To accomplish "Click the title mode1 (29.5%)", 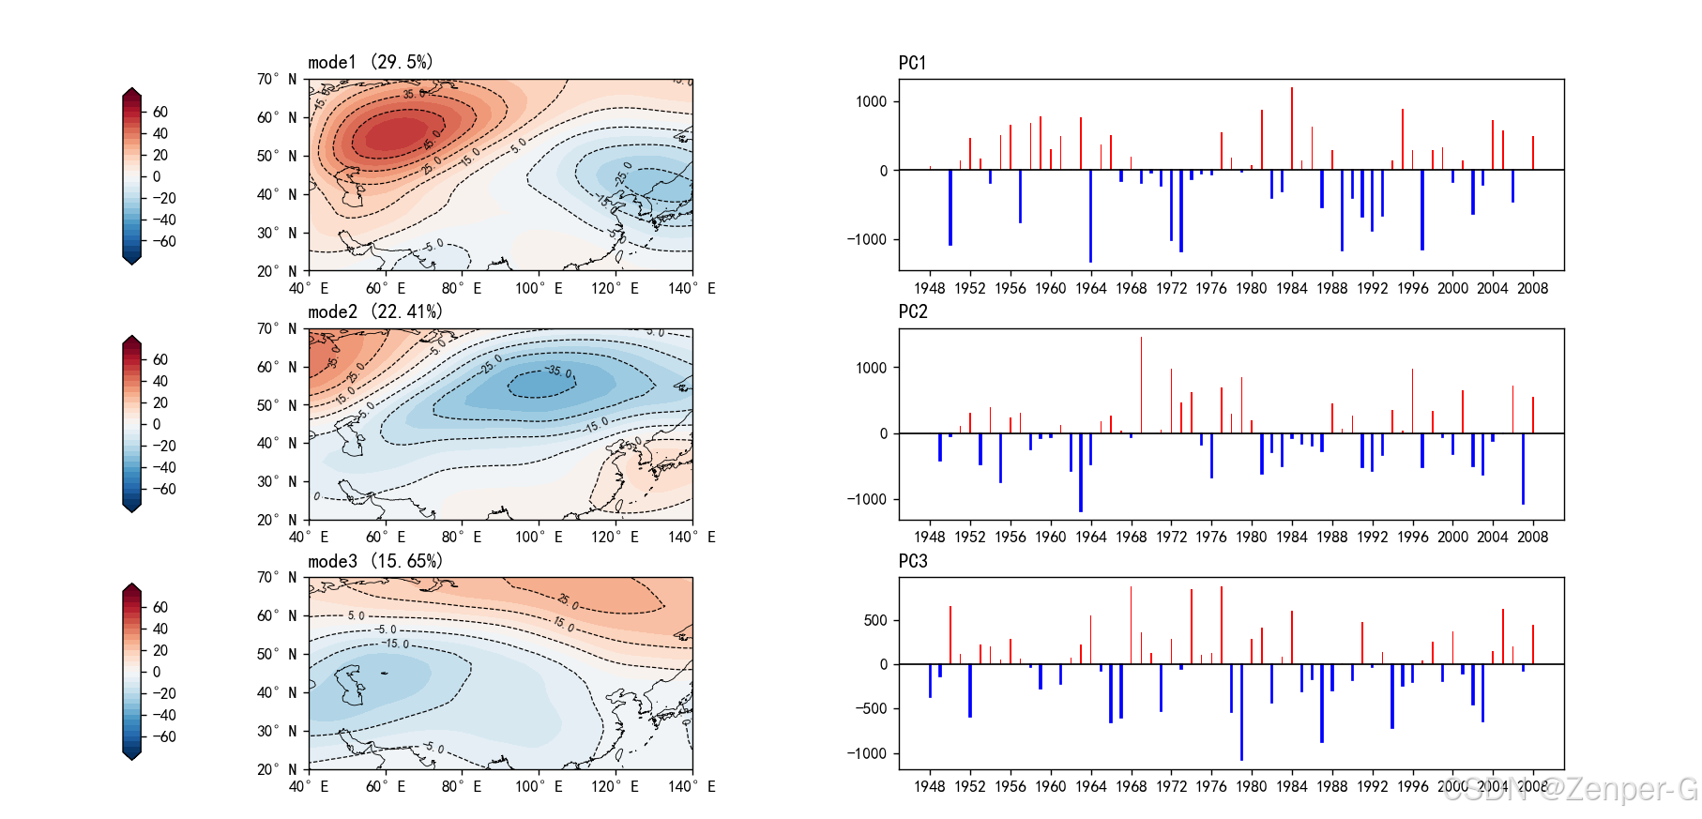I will tap(371, 62).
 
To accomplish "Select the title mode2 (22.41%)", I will tap(374, 311).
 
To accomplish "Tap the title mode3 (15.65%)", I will tap(374, 561).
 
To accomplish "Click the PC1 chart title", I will tap(912, 63).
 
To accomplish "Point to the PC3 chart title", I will tap(912, 561).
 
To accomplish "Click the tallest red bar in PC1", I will tap(1291, 129).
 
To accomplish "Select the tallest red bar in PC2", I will tap(1141, 385).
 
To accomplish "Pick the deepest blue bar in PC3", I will tap(1241, 712).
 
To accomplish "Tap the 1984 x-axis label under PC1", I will tap(1291, 288).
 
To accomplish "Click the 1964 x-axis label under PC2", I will tap(1090, 537).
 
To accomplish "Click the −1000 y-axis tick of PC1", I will tap(867, 239).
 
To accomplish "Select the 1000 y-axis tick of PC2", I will tap(871, 368).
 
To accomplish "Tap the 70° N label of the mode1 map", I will tap(277, 79).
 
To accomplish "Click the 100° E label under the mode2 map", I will tap(539, 537).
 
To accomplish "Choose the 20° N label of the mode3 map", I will tap(277, 769).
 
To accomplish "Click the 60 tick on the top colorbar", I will tap(160, 112).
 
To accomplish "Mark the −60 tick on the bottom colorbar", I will tap(164, 736).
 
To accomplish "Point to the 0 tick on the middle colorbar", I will tap(157, 424).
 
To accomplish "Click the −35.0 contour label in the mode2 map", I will tap(559, 372).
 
